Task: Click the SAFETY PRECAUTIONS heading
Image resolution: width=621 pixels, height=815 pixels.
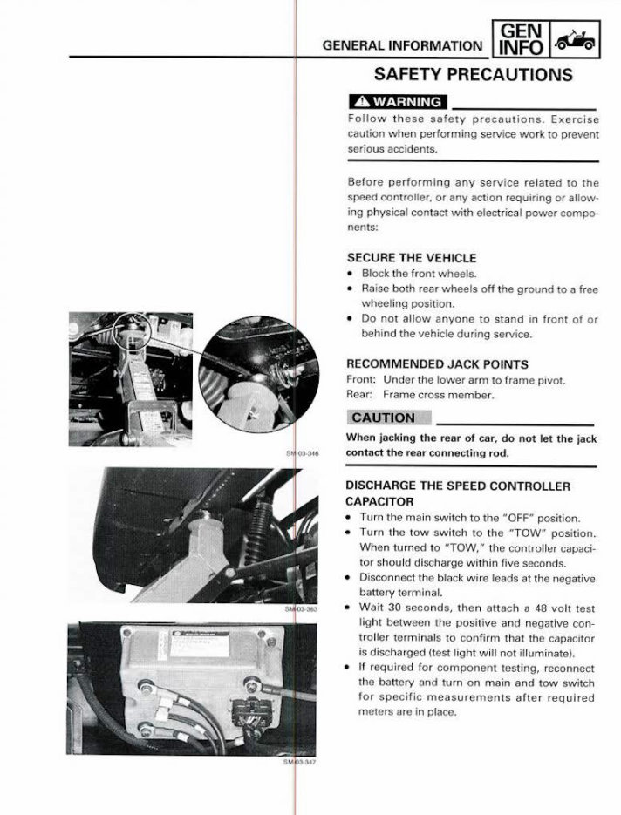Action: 473,74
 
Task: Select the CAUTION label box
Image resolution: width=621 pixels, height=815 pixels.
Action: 384,418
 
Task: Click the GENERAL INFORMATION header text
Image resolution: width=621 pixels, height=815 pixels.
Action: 401,46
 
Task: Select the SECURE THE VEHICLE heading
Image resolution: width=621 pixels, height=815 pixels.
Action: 412,258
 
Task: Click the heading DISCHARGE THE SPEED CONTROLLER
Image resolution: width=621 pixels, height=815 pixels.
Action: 458,486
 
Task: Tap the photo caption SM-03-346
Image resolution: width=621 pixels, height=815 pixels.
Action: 302,453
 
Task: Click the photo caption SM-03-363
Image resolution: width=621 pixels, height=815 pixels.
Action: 302,609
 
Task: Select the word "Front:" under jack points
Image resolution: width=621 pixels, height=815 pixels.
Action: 361,380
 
